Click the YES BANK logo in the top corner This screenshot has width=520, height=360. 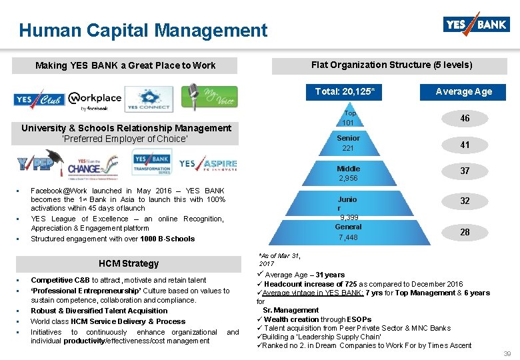click(475, 25)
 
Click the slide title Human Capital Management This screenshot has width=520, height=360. click(143, 30)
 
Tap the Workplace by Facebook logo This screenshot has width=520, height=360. click(95, 101)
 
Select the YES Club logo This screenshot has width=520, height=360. click(39, 99)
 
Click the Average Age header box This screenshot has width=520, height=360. click(463, 91)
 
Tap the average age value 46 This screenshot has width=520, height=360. click(465, 118)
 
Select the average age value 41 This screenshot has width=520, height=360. click(465, 145)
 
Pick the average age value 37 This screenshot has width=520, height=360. click(465, 171)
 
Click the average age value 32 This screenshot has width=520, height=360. click(465, 201)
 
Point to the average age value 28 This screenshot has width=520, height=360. click(465, 231)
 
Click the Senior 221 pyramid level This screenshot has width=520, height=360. click(348, 143)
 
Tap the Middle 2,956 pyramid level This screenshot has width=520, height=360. click(348, 173)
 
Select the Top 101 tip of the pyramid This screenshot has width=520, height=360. click(349, 118)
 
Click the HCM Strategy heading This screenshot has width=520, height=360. click(129, 263)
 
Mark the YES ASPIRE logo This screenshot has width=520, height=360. click(207, 164)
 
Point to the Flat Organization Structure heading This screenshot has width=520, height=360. click(391, 65)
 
